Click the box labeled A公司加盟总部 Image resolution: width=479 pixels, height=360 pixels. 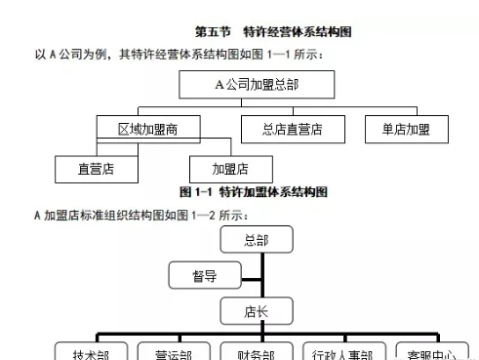pos(257,84)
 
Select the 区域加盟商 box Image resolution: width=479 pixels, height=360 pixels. pos(148,129)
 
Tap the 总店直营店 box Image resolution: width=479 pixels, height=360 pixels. pos(292,129)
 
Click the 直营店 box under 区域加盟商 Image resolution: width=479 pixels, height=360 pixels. pos(97,169)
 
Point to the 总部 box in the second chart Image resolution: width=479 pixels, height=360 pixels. pos(257,240)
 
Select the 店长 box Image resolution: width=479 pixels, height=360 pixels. pos(257,312)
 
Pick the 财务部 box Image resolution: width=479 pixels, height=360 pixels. pos(256,353)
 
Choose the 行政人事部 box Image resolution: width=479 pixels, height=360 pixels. pos(342,353)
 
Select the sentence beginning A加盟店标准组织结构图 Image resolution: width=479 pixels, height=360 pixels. pos(142,214)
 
